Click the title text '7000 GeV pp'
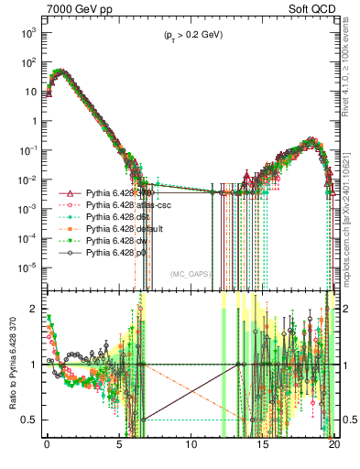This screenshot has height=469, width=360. (x=71, y=8)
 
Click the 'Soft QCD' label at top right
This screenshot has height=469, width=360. (x=311, y=8)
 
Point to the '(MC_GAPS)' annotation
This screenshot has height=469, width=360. (x=191, y=273)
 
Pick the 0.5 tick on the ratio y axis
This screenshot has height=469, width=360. (x=32, y=420)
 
